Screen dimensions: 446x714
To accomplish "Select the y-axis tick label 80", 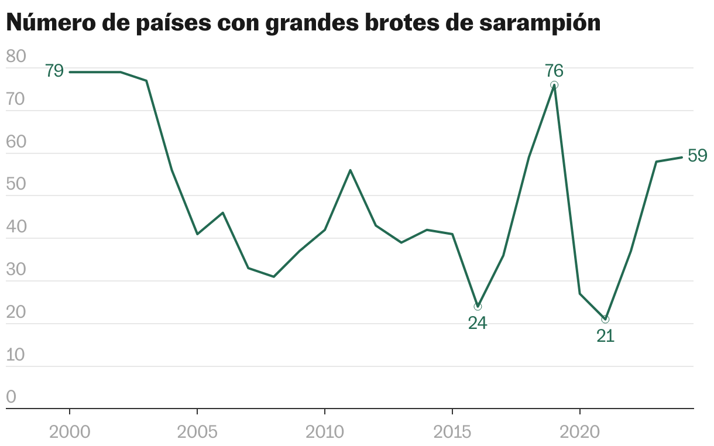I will pos(16,57).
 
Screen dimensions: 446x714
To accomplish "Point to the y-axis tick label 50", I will pos(16,185).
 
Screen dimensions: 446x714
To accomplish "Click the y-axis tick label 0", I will pos(11,398).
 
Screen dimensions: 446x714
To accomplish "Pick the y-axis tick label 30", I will pos(16,270).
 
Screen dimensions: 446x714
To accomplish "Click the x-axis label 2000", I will pos(70,433).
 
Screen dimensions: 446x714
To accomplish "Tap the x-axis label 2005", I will pos(197,433).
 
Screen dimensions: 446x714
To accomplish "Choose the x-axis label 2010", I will pos(325,433).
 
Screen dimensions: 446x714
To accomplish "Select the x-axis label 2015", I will pos(452,433).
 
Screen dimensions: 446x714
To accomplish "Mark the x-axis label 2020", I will pos(580,433).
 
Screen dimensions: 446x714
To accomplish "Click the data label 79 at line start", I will pos(54,71).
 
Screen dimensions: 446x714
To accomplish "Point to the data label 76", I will pos(554,71).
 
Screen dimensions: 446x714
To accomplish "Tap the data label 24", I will pos(478,323).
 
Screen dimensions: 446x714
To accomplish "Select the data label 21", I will pos(605,336).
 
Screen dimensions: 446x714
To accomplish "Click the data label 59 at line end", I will pos(697,156).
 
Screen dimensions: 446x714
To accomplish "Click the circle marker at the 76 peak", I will pos(554,85).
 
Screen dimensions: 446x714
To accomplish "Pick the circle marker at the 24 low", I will pos(478,307).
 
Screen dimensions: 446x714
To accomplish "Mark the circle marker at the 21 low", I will pos(605,320).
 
